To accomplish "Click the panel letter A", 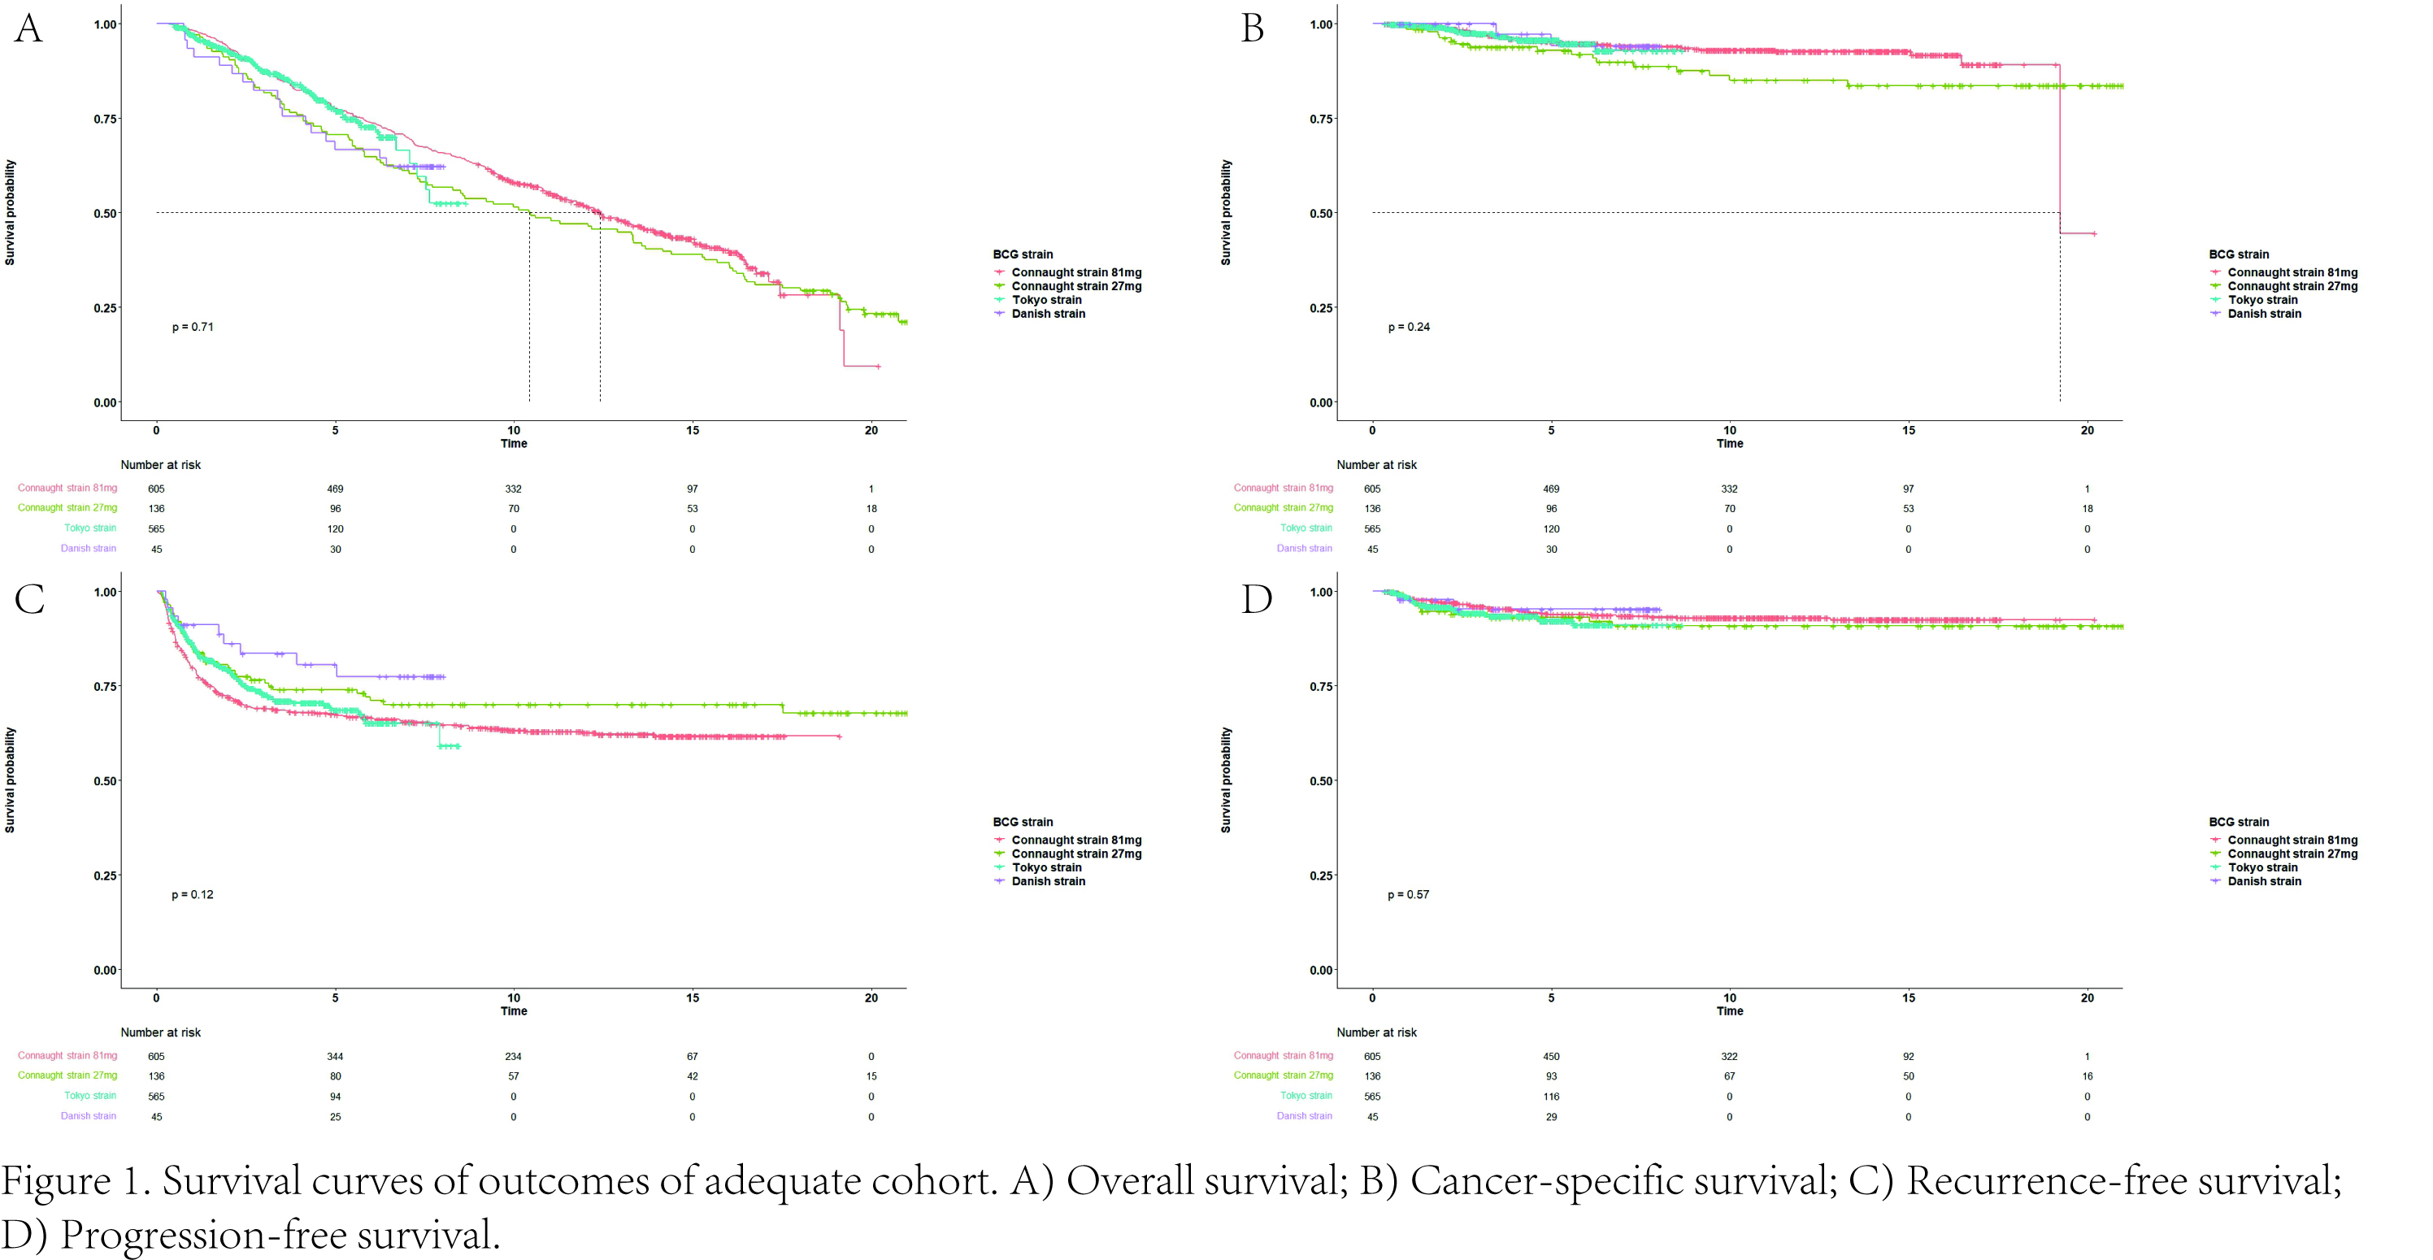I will tap(28, 28).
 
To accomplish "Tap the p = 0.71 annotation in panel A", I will tap(193, 327).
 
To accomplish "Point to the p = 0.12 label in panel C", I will tap(193, 894).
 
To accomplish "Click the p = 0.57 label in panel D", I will tap(1408, 894).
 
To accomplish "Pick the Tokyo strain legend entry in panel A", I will tap(1046, 300).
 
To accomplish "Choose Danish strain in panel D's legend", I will tap(2264, 881).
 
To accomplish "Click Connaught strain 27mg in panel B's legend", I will tap(2292, 286).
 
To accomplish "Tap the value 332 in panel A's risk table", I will tap(513, 489).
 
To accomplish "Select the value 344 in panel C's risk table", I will tap(335, 1056).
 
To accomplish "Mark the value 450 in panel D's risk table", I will tap(1551, 1056).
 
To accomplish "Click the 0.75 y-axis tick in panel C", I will tap(106, 687).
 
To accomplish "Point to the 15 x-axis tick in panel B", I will tap(1908, 431).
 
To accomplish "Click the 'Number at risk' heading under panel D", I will tap(1376, 1032).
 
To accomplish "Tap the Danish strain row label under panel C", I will tap(89, 1116).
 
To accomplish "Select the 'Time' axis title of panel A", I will tap(514, 444).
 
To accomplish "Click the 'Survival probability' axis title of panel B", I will tap(1226, 212).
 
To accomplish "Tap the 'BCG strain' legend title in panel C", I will tap(1022, 822).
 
